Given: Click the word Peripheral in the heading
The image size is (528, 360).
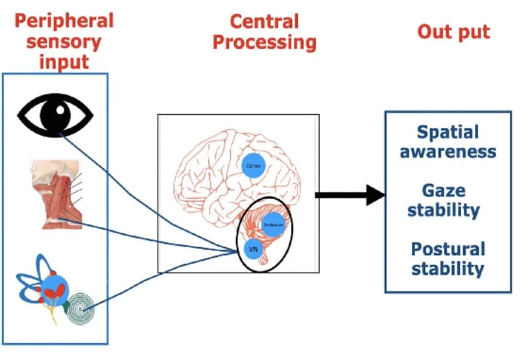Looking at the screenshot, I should click(64, 20).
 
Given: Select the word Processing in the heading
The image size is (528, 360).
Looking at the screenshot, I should click(265, 43).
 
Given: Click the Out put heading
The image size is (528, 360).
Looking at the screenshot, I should click(453, 32).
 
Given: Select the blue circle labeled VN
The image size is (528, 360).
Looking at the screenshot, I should click(252, 249).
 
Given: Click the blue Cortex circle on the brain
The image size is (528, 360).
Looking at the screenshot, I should click(253, 166).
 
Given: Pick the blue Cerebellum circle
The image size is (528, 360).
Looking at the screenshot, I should click(273, 224).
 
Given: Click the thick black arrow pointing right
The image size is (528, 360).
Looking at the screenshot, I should click(350, 194).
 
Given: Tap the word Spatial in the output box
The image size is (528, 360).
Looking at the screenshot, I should click(448, 133).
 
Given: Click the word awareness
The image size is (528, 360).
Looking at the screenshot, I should click(448, 152).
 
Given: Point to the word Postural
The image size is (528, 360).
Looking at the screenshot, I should click(448, 248).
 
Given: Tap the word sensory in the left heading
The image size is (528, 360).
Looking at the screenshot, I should click(64, 43).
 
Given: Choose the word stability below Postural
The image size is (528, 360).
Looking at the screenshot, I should click(448, 268).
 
